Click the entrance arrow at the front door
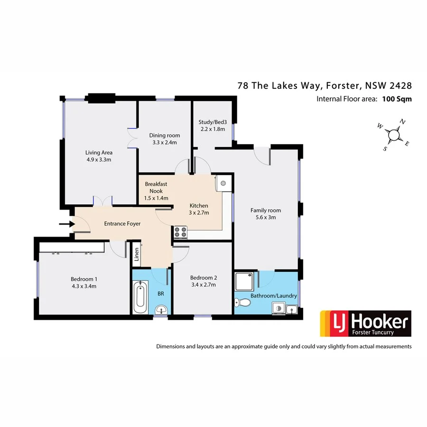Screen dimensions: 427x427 click(x=65, y=224)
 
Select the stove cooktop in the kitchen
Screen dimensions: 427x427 click(x=181, y=232)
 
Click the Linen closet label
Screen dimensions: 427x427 click(x=137, y=255)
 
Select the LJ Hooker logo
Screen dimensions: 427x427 click(x=365, y=324)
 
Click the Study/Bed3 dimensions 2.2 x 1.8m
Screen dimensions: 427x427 click(x=212, y=129)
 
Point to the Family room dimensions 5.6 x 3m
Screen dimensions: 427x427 click(x=266, y=217)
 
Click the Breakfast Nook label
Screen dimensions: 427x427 click(x=156, y=187)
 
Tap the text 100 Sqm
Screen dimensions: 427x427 click(x=396, y=99)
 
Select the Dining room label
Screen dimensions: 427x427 click(x=165, y=135)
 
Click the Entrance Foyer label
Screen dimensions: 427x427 click(x=122, y=223)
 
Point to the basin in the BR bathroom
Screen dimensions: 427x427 click(x=161, y=311)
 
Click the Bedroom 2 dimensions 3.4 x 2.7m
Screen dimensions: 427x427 click(x=203, y=285)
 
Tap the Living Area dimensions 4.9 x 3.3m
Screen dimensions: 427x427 click(x=99, y=159)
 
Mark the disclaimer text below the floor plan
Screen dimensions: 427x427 click(x=284, y=346)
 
